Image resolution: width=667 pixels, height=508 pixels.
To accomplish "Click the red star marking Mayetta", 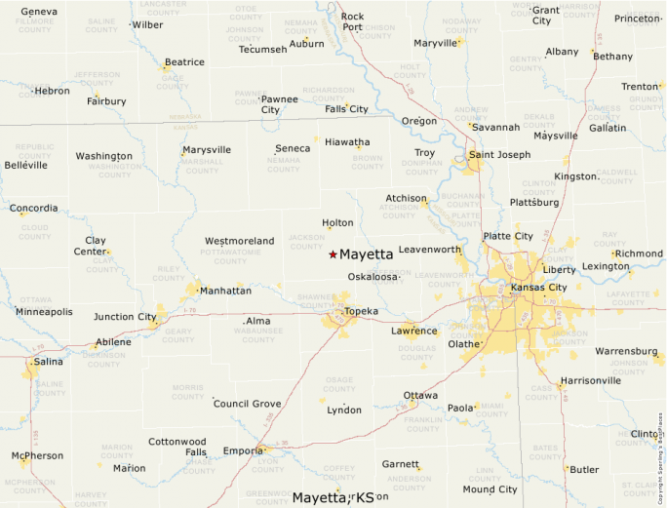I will coord(333,254).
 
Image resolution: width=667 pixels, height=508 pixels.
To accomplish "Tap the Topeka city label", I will coord(361,311).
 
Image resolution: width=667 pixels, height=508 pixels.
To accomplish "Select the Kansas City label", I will coord(538,288).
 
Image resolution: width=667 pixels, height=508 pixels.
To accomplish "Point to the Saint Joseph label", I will coord(499,155).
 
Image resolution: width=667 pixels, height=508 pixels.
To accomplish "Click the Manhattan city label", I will coord(225,291).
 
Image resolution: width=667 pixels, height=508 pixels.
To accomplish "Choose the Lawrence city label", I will coord(414,332).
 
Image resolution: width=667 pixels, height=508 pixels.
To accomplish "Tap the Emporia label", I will coord(242,450).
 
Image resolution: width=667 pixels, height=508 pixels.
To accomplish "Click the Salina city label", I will coord(49,362).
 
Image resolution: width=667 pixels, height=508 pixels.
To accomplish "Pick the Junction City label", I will coord(125,317).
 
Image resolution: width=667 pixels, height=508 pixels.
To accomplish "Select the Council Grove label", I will coord(247,404).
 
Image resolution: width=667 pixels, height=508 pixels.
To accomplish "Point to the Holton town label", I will coord(337,223).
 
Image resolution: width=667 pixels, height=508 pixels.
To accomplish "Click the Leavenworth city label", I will coord(429,250).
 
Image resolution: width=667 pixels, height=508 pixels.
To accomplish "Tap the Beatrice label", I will coord(184,62).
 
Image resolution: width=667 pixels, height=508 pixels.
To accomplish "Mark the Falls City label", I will coord(346,109).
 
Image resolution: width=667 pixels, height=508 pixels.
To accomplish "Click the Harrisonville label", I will coord(591,380).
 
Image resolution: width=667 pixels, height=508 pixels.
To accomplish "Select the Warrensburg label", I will coord(626,351).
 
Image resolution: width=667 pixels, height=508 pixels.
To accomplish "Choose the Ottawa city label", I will coord(420,395).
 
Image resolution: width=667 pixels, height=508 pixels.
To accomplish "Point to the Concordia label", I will coord(34,209).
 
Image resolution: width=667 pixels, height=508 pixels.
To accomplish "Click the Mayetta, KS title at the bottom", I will coord(333,497).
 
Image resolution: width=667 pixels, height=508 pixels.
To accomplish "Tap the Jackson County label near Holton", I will coord(306,241).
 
